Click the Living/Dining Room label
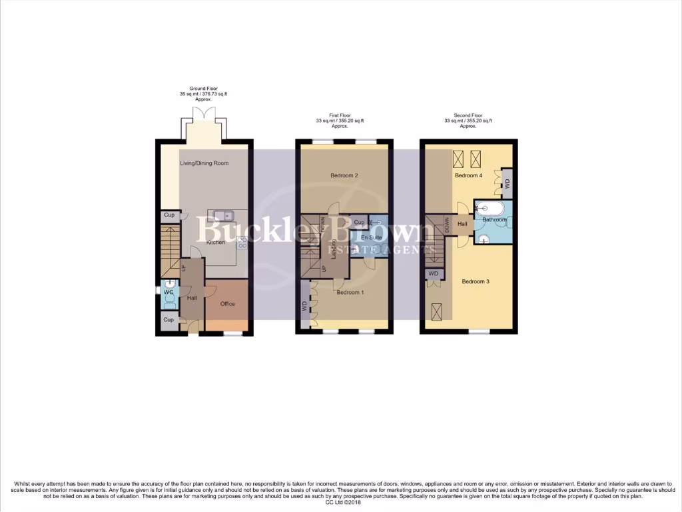tap(204, 163)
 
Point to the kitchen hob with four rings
tap(240, 243)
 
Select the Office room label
tap(228, 304)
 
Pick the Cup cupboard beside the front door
tap(169, 320)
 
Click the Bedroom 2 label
tap(344, 175)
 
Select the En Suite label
tap(372, 237)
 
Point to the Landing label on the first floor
tap(333, 248)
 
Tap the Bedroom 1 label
tap(350, 293)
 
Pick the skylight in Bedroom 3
tap(438, 310)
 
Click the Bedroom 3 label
tap(476, 281)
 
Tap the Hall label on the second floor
tap(462, 224)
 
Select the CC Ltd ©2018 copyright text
tap(340, 502)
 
